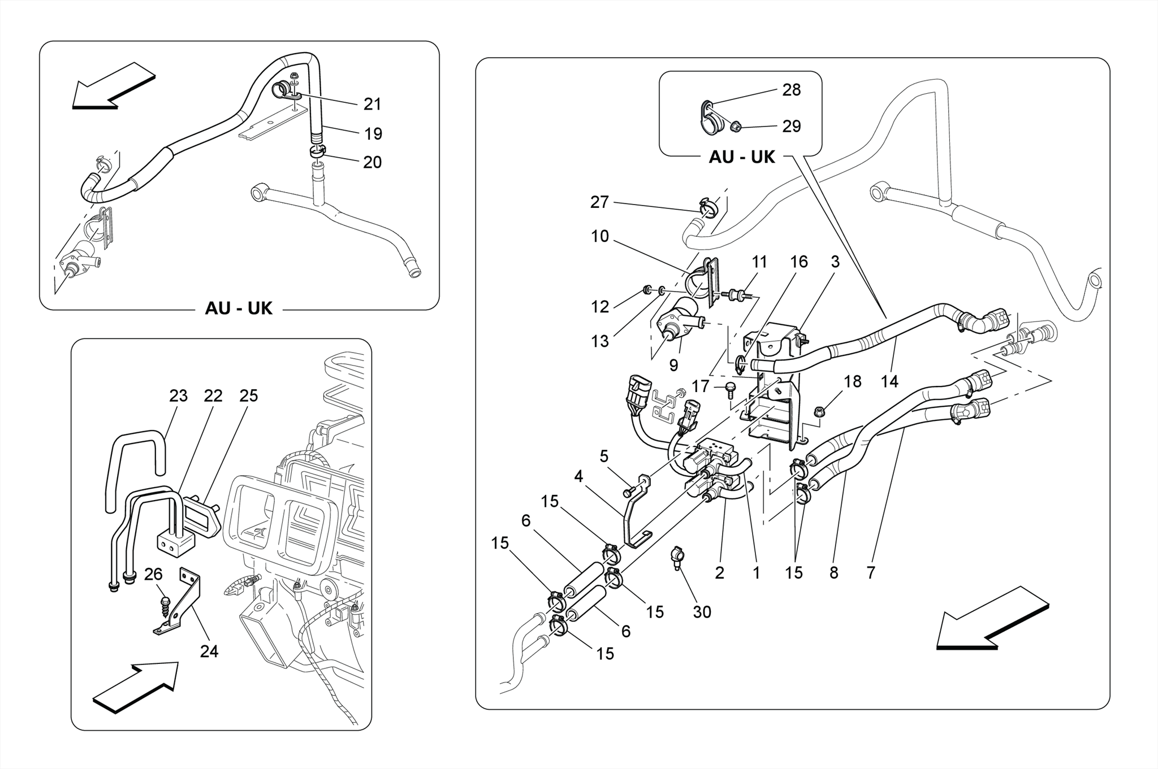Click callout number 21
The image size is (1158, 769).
point(372,105)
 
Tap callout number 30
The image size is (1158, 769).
point(702,612)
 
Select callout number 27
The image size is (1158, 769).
point(599,202)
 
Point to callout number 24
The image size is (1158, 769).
point(209,651)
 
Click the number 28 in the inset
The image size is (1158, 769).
point(792,90)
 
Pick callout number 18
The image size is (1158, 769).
point(852,382)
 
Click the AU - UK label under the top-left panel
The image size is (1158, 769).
point(239,309)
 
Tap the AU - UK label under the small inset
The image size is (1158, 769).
point(742,157)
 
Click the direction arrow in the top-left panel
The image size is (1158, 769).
point(113,85)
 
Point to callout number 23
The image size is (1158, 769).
point(178,396)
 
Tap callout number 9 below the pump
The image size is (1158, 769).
point(673,366)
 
